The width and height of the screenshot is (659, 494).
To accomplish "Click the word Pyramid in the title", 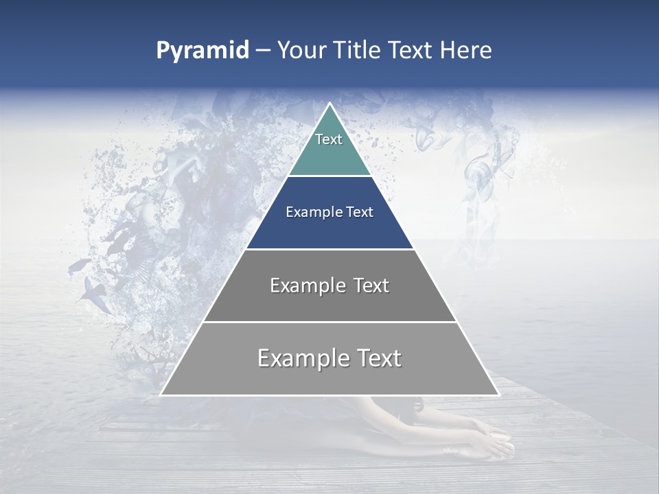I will [202, 51].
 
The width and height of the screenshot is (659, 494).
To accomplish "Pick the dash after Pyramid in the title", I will [263, 51].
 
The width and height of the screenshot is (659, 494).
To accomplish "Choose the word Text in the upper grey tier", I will [368, 285].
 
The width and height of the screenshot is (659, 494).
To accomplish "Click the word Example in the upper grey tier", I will [308, 285].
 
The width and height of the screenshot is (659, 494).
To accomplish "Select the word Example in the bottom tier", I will [301, 358].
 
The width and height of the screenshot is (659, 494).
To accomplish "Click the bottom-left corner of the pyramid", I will [161, 395].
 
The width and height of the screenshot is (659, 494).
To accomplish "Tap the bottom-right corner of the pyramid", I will [498, 395].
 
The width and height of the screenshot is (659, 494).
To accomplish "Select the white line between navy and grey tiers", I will [329, 249].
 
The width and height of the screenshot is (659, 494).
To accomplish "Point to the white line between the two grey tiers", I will [329, 322].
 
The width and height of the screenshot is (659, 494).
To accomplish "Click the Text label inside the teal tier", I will [329, 139].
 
